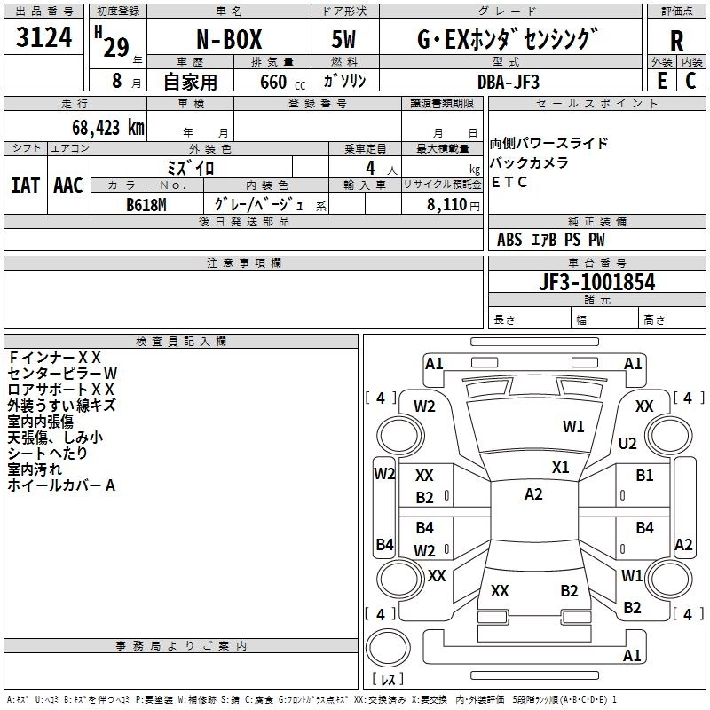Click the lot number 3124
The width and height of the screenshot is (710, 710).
(x=43, y=36)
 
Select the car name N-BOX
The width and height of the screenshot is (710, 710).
(x=229, y=39)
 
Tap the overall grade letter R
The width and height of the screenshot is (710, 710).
(x=676, y=41)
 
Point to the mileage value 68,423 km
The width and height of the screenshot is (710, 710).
(x=108, y=128)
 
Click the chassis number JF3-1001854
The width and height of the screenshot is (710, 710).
(x=596, y=282)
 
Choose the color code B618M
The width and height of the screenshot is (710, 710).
(x=146, y=205)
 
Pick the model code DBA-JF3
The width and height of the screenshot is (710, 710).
(x=509, y=82)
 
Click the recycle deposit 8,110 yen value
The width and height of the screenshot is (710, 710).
(x=454, y=205)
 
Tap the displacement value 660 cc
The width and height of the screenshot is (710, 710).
(x=282, y=82)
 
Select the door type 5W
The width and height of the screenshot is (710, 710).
(x=343, y=39)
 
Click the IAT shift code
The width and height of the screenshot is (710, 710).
(x=26, y=185)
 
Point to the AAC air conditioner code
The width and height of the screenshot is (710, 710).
(x=68, y=185)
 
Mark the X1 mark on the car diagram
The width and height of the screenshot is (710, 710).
(x=561, y=468)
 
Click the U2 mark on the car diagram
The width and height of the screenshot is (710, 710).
(x=627, y=443)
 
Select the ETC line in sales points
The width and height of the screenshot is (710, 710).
(x=509, y=182)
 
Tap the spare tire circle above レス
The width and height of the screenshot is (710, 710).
(x=388, y=648)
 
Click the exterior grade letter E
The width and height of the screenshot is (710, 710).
(x=662, y=81)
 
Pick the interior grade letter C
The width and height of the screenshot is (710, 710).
(x=690, y=81)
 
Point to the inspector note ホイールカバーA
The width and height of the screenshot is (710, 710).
(x=61, y=485)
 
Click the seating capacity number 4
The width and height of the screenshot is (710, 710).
(x=370, y=168)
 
